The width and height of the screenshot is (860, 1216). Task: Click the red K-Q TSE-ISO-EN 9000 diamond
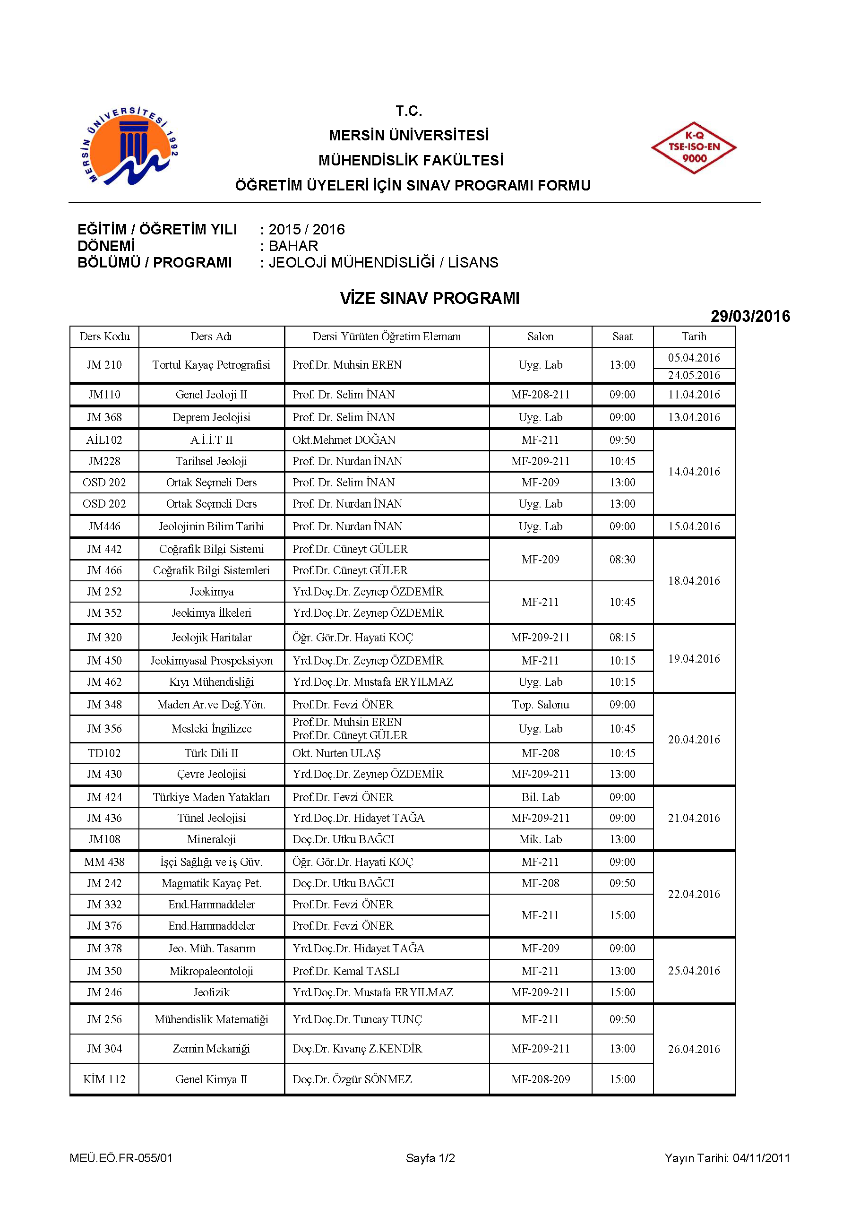click(693, 148)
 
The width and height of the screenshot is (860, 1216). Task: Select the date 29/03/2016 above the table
click(750, 316)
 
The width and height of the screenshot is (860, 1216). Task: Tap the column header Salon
click(540, 336)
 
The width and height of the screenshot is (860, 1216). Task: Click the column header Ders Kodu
click(104, 336)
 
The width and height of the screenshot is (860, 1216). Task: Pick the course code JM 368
click(104, 417)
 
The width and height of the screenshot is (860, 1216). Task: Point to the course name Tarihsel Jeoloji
click(211, 461)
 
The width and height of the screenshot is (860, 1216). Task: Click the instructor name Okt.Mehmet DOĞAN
click(344, 440)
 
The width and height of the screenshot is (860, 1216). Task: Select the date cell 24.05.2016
click(694, 376)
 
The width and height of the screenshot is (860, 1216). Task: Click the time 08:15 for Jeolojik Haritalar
click(622, 638)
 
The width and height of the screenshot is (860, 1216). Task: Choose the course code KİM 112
click(104, 1079)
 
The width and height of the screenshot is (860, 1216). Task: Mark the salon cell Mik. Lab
click(540, 839)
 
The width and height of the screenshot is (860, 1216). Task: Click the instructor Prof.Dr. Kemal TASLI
click(346, 971)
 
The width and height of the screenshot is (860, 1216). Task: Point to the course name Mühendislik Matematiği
click(211, 1019)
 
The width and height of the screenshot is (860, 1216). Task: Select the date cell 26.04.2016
click(694, 1049)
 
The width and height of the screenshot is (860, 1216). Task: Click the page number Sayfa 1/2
click(430, 1158)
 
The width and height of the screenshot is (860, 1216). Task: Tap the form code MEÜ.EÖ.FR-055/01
click(121, 1158)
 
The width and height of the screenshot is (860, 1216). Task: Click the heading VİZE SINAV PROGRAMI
click(430, 298)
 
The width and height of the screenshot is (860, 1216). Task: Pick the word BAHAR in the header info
click(293, 246)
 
